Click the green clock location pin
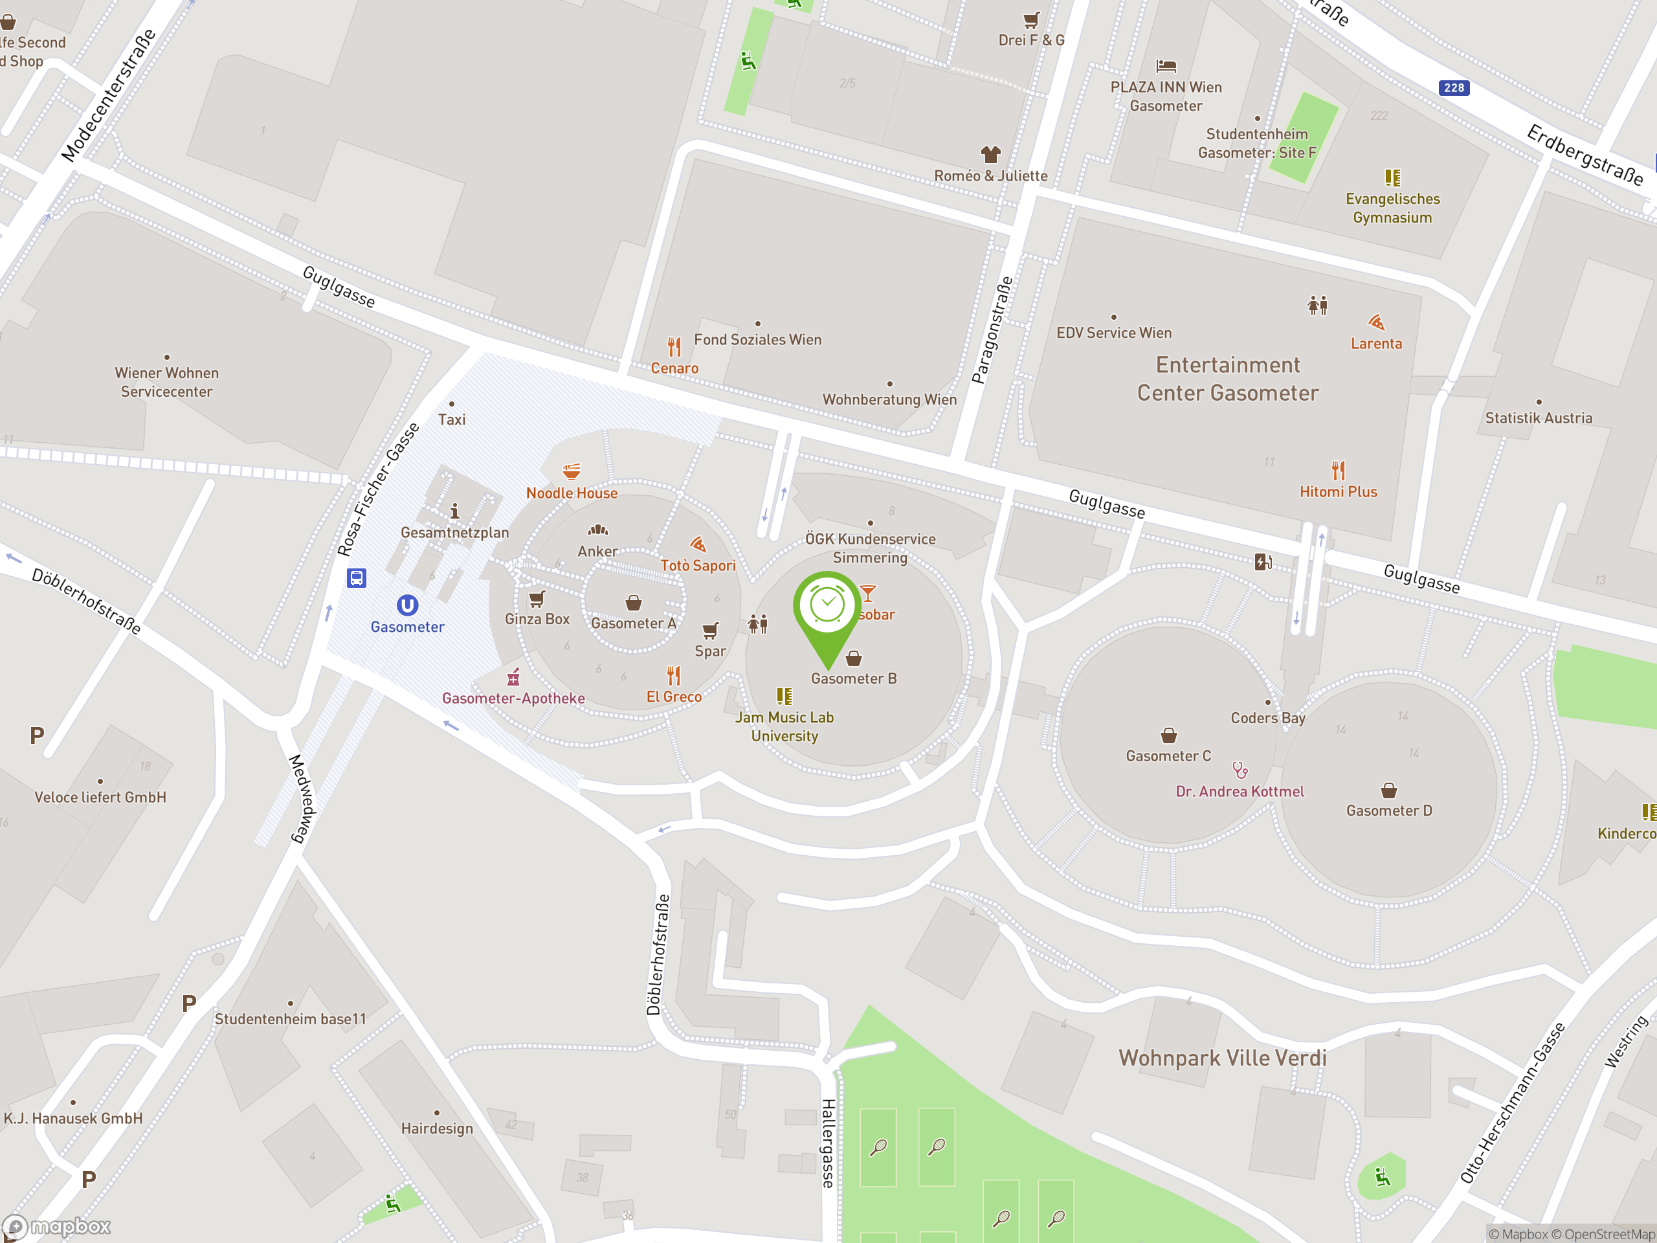pos(827,607)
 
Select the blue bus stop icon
pos(357,578)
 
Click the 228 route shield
pos(1453,87)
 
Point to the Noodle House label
pos(572,493)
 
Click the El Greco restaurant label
pos(674,697)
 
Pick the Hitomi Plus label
pos(1338,492)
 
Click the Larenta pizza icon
pos(1376,322)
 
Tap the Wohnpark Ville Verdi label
pos(1223,1058)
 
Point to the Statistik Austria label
pos(1539,418)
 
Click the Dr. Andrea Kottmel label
pos(1240,792)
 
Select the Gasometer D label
pos(1389,811)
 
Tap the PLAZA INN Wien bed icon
pos(1166,66)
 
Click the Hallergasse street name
pos(828,1143)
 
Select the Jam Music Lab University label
pos(784,727)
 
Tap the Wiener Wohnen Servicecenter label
pos(166,382)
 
